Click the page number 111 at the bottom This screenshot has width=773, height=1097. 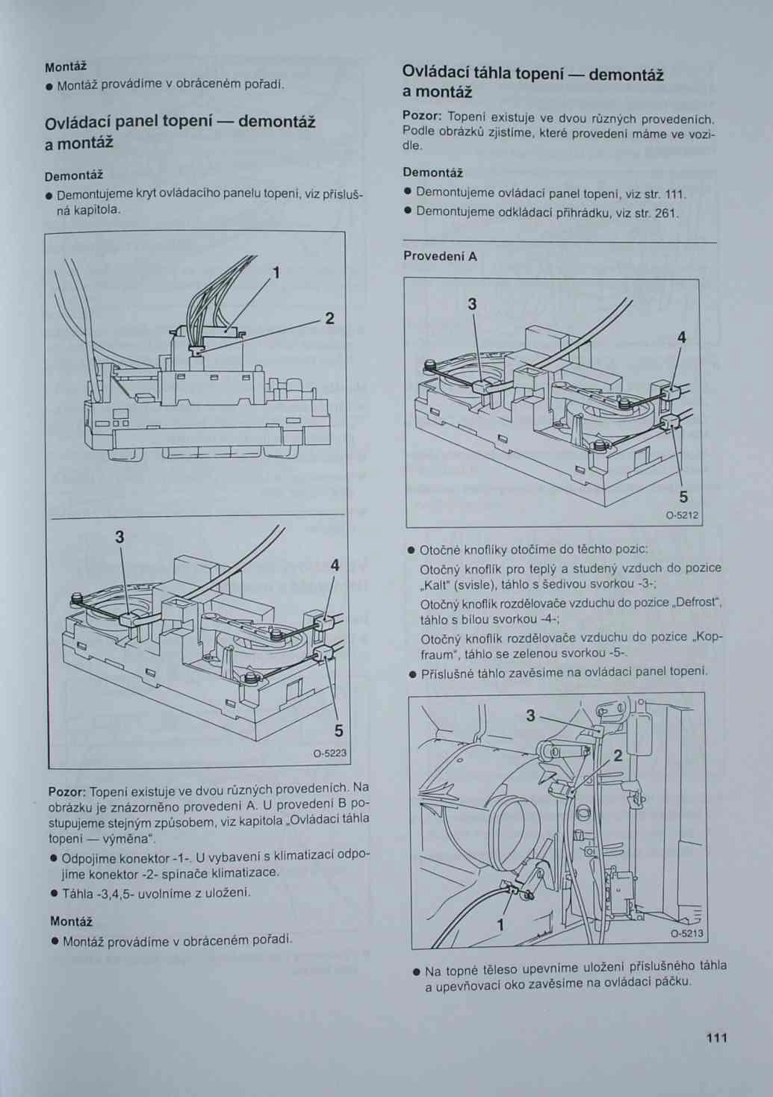click(715, 1037)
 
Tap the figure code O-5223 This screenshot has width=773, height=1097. click(329, 753)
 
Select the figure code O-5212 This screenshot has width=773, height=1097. click(682, 515)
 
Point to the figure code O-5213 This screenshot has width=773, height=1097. click(686, 933)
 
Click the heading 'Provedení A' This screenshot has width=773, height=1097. click(440, 256)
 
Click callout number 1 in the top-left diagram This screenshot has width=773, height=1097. click(276, 273)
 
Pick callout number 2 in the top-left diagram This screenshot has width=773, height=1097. click(329, 319)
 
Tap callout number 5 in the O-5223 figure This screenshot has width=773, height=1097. click(338, 730)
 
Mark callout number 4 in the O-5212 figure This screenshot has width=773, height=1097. click(681, 338)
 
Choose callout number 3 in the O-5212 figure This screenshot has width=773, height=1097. click(472, 304)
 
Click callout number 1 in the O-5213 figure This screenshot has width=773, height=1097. click(500, 924)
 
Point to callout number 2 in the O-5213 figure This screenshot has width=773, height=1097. click(618, 756)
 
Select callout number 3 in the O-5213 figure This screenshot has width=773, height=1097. click(530, 715)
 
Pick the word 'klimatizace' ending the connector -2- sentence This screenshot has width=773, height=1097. click(245, 872)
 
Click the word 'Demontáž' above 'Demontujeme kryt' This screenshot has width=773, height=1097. click(73, 176)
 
